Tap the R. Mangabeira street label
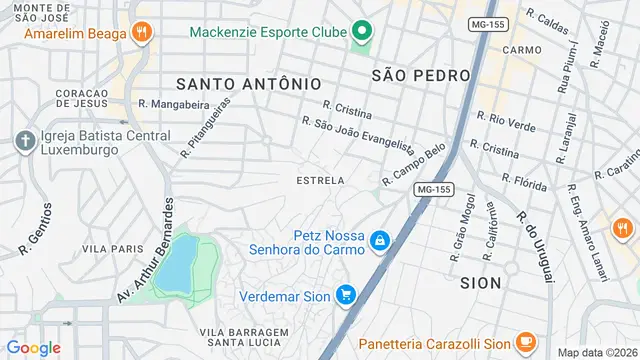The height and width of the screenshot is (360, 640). point(173,103)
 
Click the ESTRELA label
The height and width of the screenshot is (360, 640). point(320,181)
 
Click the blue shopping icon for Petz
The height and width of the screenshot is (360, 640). point(380,241)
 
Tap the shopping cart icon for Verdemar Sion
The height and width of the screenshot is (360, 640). point(346,295)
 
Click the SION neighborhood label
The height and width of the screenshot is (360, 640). point(480,283)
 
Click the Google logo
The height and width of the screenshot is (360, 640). point(34,348)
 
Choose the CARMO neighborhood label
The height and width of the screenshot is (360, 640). point(522,49)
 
